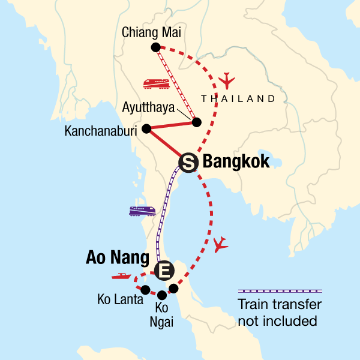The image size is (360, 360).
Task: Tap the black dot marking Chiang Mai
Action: tap(155, 47)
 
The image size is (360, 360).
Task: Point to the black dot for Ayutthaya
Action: tap(196, 122)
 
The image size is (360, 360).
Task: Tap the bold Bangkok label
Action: tap(236, 161)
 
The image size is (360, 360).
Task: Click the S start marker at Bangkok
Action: tap(187, 161)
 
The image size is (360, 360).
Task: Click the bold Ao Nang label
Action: tap(118, 259)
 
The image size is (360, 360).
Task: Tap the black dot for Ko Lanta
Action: tap(145, 290)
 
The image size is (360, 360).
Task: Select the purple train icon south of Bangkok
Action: tap(143, 211)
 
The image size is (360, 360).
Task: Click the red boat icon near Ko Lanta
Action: tap(121, 277)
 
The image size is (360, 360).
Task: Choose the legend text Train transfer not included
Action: tap(279, 313)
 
